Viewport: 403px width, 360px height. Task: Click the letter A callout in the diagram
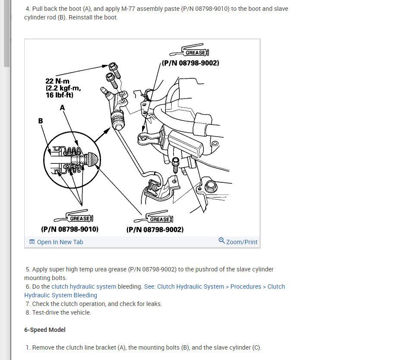pos(62,108)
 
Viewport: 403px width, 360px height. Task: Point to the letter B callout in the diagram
pos(41,121)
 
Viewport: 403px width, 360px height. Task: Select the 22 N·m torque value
pos(57,81)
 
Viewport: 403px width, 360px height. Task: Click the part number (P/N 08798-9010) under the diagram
pos(70,229)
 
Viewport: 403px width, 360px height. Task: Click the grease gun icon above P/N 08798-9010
pos(73,216)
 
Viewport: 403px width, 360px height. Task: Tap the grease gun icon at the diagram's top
pos(189,50)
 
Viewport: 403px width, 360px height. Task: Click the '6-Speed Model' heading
pos(45,330)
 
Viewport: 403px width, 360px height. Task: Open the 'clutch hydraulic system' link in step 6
pos(84,287)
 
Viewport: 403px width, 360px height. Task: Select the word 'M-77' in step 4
pos(128,9)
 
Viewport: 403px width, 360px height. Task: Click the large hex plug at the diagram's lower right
pos(210,186)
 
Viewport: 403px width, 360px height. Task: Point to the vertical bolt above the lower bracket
pos(175,166)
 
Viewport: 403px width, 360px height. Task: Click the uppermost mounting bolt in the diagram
pos(114,70)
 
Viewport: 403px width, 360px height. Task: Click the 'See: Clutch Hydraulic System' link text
pos(184,287)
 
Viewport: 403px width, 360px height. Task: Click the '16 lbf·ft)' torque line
pos(60,95)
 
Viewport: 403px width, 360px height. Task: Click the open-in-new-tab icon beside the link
pos(32,242)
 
